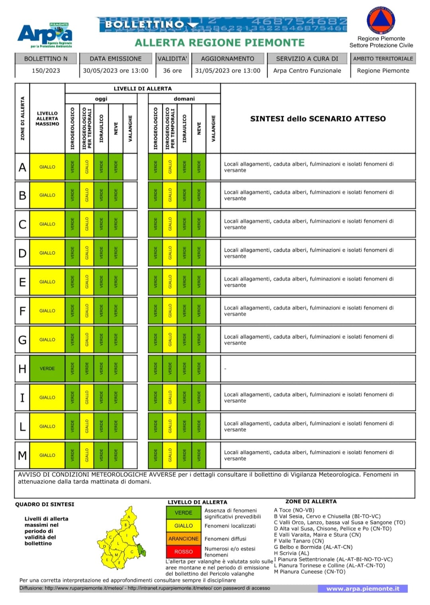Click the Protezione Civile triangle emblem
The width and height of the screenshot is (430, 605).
[x=381, y=20]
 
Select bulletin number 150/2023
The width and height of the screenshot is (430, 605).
[x=46, y=70]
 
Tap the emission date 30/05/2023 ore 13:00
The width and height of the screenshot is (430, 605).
[x=115, y=70]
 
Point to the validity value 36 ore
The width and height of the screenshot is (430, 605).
[x=172, y=70]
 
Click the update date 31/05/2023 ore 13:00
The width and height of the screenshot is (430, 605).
[x=227, y=70]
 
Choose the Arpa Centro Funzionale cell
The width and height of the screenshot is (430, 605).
[x=307, y=70]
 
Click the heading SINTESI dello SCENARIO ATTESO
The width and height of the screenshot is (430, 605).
[x=318, y=119]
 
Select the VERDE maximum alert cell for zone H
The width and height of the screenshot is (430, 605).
[x=47, y=369]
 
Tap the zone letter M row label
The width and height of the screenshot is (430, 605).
[x=22, y=455]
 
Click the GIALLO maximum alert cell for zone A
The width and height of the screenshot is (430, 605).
[x=47, y=167]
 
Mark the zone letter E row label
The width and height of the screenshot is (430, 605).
[x=22, y=282]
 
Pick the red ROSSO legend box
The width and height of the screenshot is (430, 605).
[x=184, y=552]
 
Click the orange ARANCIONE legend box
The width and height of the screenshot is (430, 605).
[x=184, y=539]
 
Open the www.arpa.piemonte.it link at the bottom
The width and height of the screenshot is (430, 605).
[x=362, y=589]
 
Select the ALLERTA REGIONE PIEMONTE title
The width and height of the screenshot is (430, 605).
[x=220, y=43]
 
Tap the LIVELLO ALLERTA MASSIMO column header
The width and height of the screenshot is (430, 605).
[x=47, y=119]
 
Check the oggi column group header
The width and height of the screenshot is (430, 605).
[x=101, y=99]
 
